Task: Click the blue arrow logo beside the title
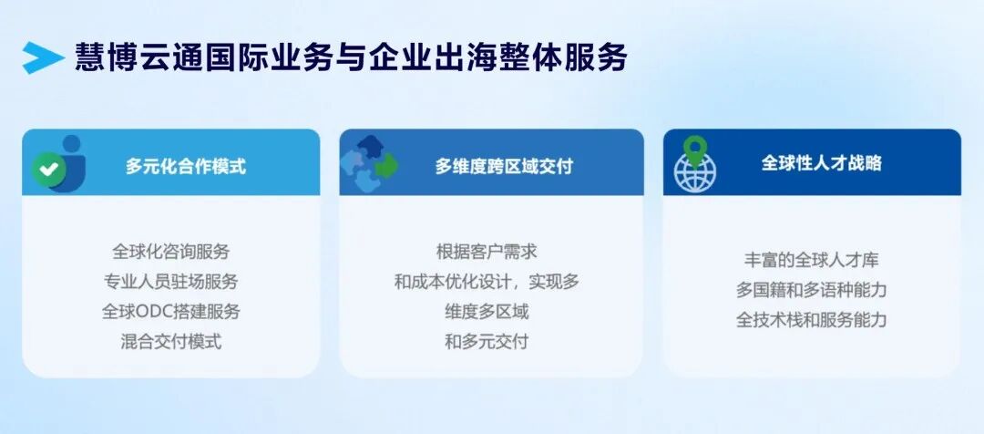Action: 43,57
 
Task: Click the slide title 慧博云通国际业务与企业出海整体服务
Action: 352,57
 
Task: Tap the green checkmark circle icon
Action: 49,169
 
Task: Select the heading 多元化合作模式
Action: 186,166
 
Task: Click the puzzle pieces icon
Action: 369,164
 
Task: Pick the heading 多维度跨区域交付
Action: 504,166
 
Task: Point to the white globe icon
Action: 694,172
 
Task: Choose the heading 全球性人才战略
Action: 822,162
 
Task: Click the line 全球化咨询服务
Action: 171,252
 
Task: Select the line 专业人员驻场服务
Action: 171,282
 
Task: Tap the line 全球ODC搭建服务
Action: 171,312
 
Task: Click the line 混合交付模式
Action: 171,342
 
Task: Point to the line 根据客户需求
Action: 487,252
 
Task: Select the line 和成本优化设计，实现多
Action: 487,282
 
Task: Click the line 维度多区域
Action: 487,312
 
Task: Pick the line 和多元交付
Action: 487,342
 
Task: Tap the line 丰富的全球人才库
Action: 812,259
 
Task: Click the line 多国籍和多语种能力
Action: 812,290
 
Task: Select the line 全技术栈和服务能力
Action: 812,320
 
